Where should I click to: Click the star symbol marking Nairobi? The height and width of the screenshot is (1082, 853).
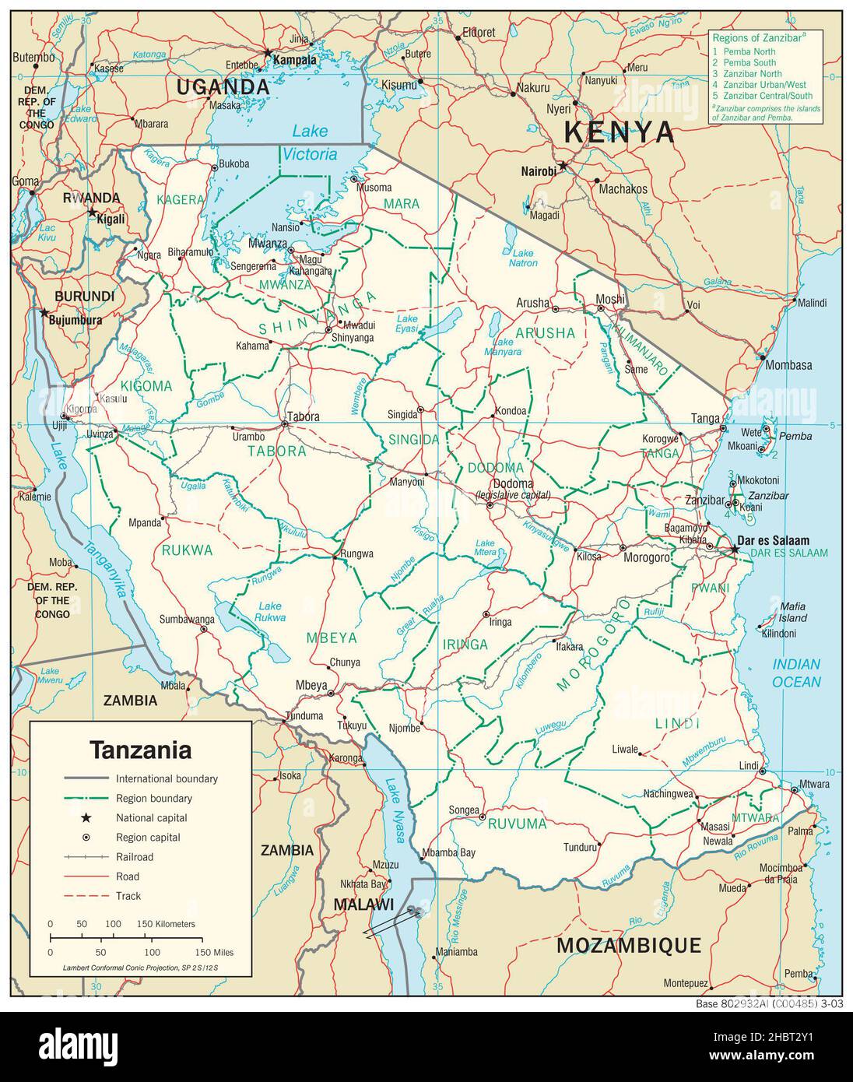pyautogui.click(x=563, y=166)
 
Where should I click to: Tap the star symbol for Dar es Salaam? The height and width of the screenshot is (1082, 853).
pyautogui.click(x=735, y=550)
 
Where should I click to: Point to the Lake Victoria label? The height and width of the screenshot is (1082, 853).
pyautogui.click(x=310, y=142)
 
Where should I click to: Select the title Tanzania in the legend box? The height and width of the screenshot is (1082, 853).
pyautogui.click(x=140, y=750)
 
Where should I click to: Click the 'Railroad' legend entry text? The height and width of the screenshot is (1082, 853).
pyautogui.click(x=135, y=857)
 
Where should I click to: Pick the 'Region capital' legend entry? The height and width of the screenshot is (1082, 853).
pyautogui.click(x=148, y=838)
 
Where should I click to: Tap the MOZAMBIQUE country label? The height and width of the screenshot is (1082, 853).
pyautogui.click(x=629, y=946)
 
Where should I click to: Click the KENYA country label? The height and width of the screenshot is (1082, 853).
pyautogui.click(x=641, y=132)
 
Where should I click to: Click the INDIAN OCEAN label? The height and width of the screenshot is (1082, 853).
pyautogui.click(x=796, y=673)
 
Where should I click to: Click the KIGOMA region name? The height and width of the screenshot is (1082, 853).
pyautogui.click(x=146, y=386)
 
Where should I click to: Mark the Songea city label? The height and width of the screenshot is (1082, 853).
pyautogui.click(x=464, y=810)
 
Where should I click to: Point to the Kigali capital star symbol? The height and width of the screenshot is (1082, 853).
pyautogui.click(x=93, y=212)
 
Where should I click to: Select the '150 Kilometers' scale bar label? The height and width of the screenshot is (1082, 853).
pyautogui.click(x=166, y=923)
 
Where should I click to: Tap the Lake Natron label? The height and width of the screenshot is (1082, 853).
pyautogui.click(x=524, y=258)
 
